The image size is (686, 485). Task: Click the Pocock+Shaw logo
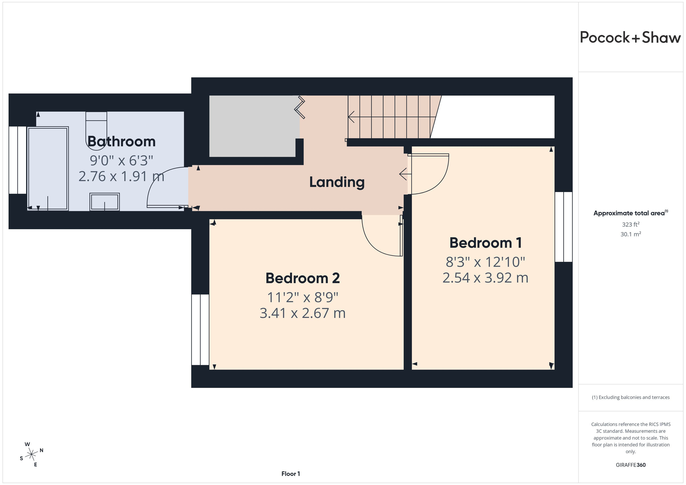click(x=631, y=38)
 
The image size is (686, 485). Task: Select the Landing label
click(x=337, y=182)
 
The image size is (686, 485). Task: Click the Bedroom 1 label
click(x=486, y=243)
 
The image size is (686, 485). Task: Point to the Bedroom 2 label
click(x=303, y=278)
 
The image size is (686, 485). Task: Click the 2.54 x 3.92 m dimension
click(x=485, y=277)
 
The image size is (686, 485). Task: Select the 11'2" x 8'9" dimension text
click(x=302, y=297)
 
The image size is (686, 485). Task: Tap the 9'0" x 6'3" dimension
click(x=121, y=160)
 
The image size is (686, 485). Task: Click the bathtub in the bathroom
click(x=48, y=169)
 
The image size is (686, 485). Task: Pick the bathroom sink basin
click(x=105, y=202)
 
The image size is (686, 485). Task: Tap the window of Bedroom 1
click(x=564, y=227)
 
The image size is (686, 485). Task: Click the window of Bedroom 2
click(x=200, y=330)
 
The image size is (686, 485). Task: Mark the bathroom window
click(x=18, y=160)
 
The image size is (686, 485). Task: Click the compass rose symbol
click(x=31, y=454)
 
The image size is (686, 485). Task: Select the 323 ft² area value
click(x=631, y=224)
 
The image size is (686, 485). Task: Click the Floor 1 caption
click(x=290, y=474)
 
